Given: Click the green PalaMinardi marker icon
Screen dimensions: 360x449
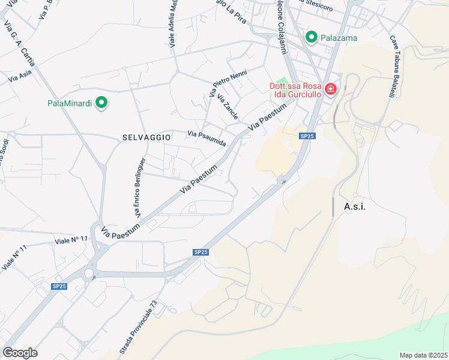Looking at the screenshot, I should point(101,103).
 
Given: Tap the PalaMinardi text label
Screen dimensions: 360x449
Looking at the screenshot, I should point(70,103).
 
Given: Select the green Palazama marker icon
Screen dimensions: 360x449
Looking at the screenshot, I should point(312,38).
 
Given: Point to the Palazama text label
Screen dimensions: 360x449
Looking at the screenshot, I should point(339,38).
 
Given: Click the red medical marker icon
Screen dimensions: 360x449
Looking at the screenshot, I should point(330,90).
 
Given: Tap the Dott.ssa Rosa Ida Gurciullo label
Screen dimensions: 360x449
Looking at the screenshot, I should point(294,90).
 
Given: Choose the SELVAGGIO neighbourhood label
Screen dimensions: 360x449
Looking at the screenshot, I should point(146,137).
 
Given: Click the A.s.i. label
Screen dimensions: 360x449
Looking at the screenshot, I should point(355,206).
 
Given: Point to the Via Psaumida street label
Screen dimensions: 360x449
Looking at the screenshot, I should point(206,139).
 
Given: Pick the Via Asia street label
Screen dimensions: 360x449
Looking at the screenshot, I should point(20,76).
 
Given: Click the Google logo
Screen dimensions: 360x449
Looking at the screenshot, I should point(20,353).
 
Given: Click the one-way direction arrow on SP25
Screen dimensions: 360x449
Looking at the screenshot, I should point(282,181).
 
